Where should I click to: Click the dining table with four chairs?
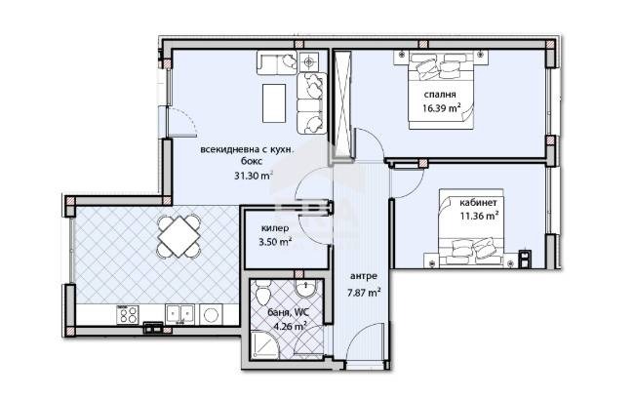click(x=179, y=234)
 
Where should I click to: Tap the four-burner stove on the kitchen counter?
click(x=127, y=314)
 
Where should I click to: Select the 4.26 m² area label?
click(x=290, y=327)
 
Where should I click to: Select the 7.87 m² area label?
click(x=363, y=292)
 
